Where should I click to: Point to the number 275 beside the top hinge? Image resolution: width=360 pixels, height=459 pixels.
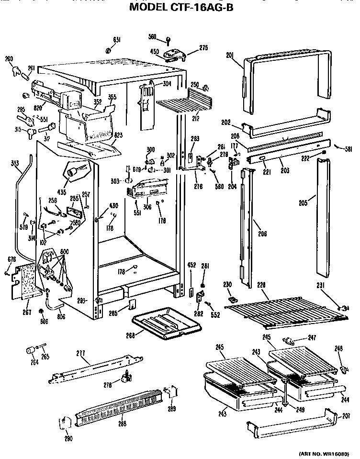click(x=204, y=47)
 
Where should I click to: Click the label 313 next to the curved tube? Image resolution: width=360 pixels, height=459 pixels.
click(x=14, y=163)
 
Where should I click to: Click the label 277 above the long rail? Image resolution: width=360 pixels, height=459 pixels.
click(x=81, y=353)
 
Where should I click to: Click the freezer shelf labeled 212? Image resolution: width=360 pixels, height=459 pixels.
click(x=184, y=102)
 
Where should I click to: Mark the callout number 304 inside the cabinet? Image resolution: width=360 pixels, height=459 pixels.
click(x=166, y=83)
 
